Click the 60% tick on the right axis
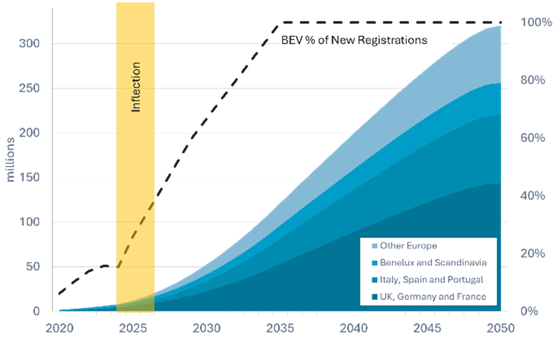click(x=533, y=137)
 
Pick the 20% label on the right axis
click(x=533, y=253)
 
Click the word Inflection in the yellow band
click(x=136, y=87)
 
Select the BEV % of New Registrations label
click(x=354, y=40)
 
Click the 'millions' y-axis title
click(x=11, y=159)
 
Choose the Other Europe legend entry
click(x=408, y=246)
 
